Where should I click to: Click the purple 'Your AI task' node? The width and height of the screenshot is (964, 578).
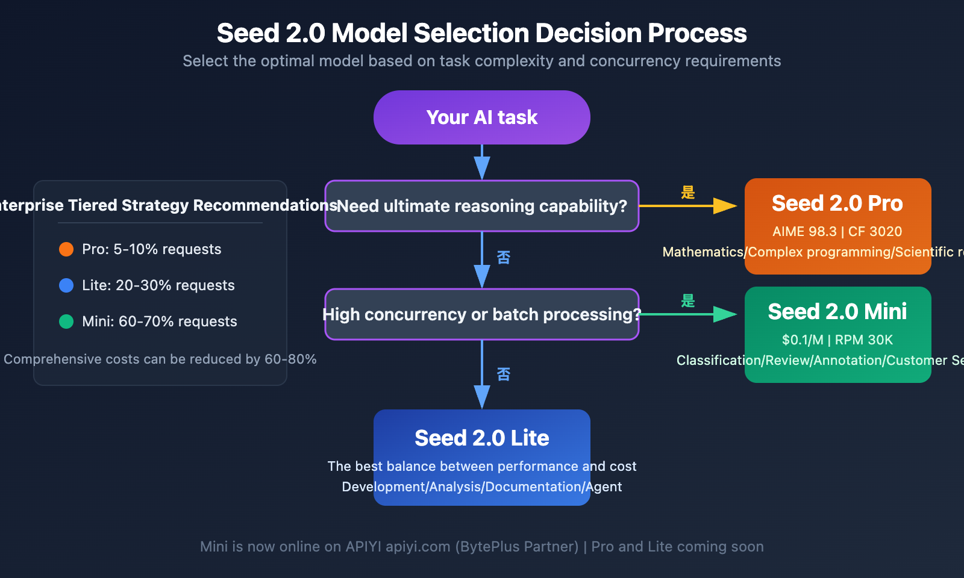pos(481,117)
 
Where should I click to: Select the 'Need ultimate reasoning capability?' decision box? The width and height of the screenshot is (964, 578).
pos(481,206)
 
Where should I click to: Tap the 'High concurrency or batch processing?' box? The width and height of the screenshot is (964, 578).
pos(481,314)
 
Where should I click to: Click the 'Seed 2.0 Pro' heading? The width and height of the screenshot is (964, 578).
pos(837,204)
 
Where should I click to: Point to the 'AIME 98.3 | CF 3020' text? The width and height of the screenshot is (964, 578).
pos(837,232)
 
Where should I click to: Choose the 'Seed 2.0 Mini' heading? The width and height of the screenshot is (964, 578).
pos(837,312)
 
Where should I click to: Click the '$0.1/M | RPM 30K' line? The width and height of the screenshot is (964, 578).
pos(837,340)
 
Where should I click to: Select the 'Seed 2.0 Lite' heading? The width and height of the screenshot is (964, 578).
pos(481,438)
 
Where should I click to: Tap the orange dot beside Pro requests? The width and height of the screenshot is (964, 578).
pos(66,249)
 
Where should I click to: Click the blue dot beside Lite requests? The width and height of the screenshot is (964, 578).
pos(66,285)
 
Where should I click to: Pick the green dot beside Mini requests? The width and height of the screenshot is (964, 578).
pos(66,322)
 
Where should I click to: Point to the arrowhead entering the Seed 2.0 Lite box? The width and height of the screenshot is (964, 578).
pos(482,397)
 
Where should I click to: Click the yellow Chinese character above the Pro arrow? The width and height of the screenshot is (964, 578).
pos(688,193)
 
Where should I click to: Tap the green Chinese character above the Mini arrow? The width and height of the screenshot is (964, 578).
pos(688,301)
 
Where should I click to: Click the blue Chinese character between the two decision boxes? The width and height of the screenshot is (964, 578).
pos(504,258)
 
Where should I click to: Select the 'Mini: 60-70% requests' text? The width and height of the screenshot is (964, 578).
pos(159,322)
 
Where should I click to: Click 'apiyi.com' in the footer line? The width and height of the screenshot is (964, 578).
pos(418,547)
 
